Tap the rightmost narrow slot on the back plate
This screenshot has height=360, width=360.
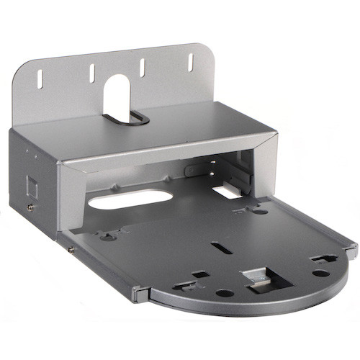[x=191, y=62]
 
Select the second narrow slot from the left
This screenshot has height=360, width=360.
[x=92, y=72]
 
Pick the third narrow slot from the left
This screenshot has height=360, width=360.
[x=142, y=67]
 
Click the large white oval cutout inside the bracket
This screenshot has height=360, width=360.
[x=130, y=200]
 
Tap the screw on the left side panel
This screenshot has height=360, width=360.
[x=30, y=207]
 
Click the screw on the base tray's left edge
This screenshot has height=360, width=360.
[x=71, y=249]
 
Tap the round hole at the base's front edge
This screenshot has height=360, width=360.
[x=225, y=293]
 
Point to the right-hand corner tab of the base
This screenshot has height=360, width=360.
[x=350, y=250]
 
